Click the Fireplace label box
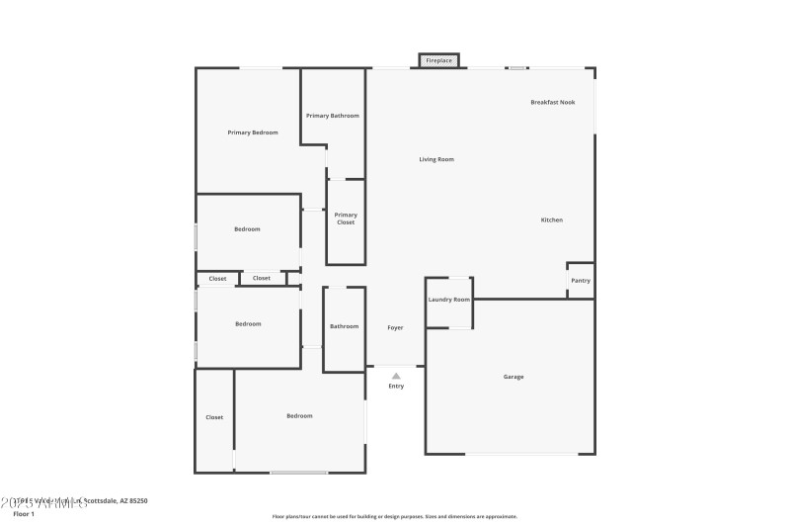438,61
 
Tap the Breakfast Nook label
552,102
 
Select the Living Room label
436,159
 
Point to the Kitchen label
551,220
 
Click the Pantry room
581,280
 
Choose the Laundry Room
448,300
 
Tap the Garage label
513,377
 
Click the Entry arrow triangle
396,376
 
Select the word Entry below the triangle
396,386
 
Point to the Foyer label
395,327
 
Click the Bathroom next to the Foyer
344,326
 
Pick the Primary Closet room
346,219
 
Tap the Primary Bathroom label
333,116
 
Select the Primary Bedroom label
253,132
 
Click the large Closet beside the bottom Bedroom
214,417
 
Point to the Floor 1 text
24,514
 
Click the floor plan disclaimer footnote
394,516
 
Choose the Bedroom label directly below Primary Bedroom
247,229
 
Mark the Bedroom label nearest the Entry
299,415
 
